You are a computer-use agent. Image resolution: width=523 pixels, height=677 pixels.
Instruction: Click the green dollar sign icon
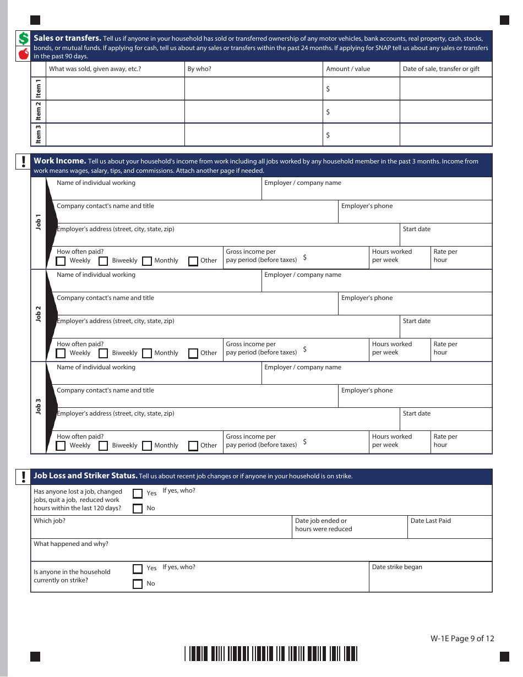[x=23, y=38]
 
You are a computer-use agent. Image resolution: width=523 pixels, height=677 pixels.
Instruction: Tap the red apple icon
[x=23, y=53]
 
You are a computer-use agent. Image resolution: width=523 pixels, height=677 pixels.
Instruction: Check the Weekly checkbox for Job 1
[x=61, y=261]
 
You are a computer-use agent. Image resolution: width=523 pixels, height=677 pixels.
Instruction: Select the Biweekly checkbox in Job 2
[x=103, y=353]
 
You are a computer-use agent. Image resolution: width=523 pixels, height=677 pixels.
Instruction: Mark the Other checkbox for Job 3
[x=193, y=446]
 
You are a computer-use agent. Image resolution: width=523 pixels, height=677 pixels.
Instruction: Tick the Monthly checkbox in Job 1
[x=147, y=261]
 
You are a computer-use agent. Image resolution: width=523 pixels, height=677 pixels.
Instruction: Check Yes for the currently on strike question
[x=138, y=569]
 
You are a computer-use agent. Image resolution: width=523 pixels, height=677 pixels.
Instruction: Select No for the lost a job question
[x=138, y=509]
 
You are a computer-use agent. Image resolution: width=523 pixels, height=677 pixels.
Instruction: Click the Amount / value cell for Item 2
[x=361, y=112]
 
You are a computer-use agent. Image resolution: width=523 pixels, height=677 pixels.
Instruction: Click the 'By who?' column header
[x=199, y=69]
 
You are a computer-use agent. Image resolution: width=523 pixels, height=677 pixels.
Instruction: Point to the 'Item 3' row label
[x=39, y=134]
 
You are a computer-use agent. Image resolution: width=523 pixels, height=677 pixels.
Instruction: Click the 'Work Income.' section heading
[x=60, y=161]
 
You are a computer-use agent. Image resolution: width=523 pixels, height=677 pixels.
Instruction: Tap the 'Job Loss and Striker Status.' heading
[x=85, y=476]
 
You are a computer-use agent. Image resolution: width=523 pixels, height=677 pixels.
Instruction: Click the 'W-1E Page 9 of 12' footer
[x=462, y=638]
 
